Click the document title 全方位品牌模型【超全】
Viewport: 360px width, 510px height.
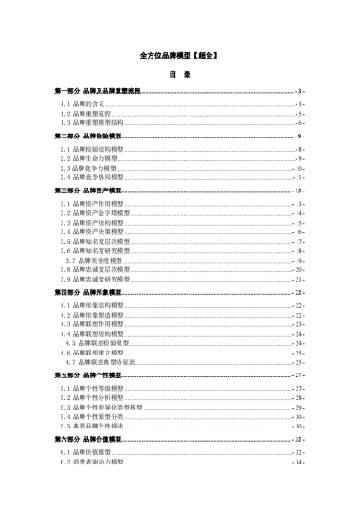(x=180, y=56)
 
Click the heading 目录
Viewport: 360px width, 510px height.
(x=180, y=74)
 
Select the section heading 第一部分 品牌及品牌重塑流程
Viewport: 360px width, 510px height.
(x=98, y=90)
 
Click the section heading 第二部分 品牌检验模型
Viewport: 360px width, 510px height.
(x=88, y=137)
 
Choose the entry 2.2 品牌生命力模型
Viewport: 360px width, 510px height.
(x=88, y=158)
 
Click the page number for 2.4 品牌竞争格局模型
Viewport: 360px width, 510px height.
(x=298, y=177)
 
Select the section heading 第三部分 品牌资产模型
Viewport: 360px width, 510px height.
(x=88, y=191)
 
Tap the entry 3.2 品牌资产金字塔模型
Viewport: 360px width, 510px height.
(x=93, y=213)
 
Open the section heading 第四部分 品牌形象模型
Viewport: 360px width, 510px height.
(x=88, y=293)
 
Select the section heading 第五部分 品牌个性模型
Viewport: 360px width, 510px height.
(x=88, y=375)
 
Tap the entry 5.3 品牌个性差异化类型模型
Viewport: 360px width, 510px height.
(x=101, y=407)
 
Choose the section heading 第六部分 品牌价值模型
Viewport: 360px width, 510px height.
(x=88, y=440)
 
